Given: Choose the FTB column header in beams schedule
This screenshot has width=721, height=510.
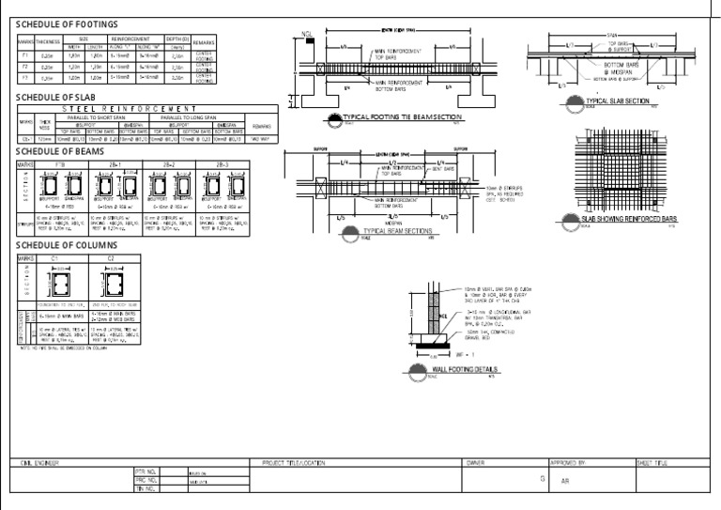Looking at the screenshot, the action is pos(62,163).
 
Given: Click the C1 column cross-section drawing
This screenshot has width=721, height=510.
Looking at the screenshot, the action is pos(54,286).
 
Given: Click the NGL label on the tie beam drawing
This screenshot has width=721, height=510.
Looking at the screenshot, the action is pos(306,35).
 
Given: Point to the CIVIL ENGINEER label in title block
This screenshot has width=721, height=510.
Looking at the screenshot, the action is pos(37,463).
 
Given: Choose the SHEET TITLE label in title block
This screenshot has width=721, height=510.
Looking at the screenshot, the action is pos(650,463).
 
